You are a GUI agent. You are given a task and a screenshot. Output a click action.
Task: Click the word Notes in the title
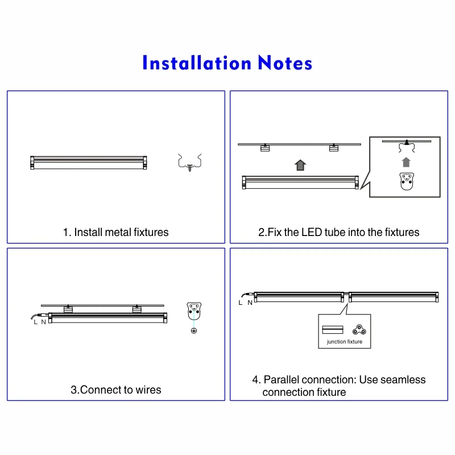[x=285, y=63]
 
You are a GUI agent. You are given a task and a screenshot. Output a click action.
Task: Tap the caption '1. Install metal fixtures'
[x=115, y=232]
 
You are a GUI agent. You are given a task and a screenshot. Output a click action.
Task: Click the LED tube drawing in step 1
[x=89, y=162]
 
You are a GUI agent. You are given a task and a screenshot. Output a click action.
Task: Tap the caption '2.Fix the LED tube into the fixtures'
[x=338, y=232]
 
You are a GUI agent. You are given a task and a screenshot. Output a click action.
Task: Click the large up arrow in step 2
[x=300, y=165]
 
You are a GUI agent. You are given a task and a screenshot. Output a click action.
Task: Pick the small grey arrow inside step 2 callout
[x=406, y=162]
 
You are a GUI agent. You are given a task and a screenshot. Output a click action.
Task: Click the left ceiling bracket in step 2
[x=264, y=148]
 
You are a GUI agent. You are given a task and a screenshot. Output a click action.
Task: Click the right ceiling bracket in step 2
[x=333, y=148]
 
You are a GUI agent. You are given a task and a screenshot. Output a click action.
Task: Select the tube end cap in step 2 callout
[x=406, y=181]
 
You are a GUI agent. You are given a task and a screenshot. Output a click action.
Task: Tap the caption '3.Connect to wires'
[x=115, y=390]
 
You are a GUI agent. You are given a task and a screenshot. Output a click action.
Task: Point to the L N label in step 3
[x=40, y=322]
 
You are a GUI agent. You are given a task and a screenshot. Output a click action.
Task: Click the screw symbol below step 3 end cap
[x=194, y=331]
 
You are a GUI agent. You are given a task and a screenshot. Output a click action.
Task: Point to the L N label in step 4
[x=245, y=303]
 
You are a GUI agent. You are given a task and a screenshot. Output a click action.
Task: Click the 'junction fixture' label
[x=344, y=342]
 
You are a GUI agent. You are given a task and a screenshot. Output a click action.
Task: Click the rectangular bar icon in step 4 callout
[x=333, y=329]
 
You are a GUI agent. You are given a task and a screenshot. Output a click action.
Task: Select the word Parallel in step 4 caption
[x=282, y=380]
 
